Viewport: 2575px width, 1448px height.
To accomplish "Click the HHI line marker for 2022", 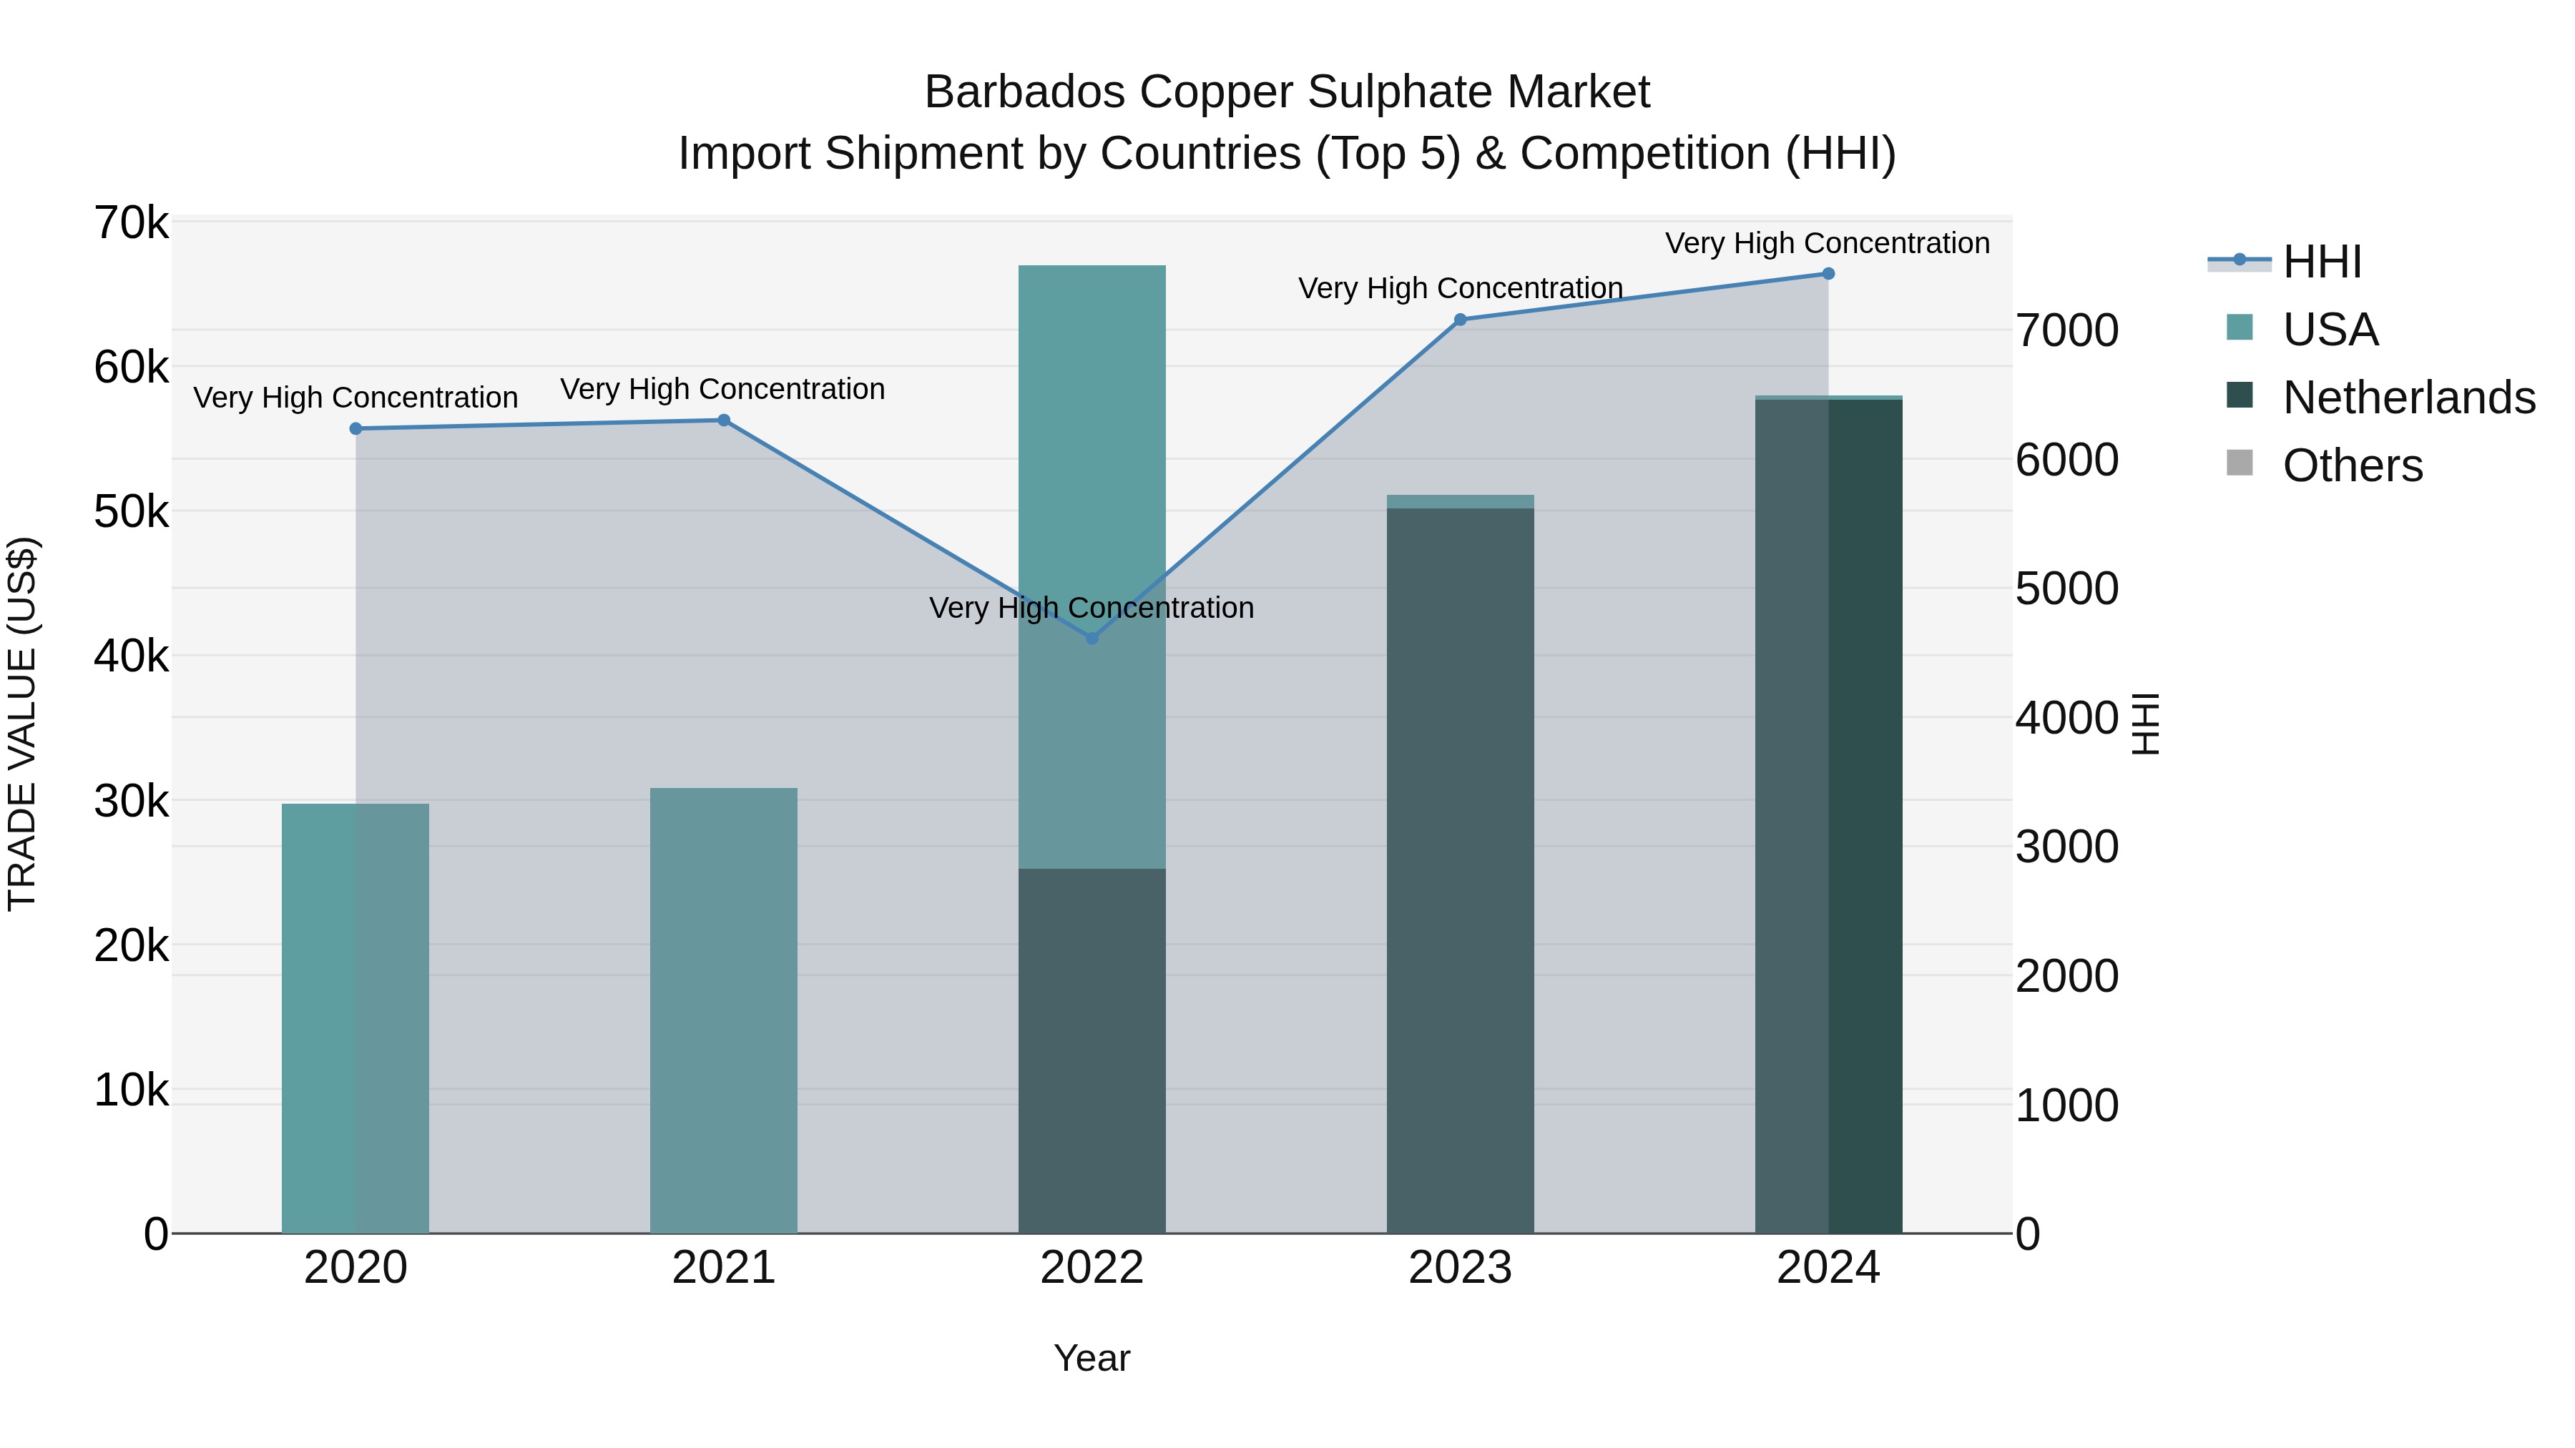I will coord(1092,638).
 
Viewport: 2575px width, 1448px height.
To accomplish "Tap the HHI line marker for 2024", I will coord(1828,274).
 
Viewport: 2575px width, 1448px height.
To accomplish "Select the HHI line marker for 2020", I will coord(356,429).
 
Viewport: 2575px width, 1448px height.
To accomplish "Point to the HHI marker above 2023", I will coord(1461,320).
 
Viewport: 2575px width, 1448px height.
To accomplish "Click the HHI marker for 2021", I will coord(724,420).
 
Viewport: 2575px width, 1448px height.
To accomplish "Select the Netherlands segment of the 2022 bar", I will coord(1092,1049).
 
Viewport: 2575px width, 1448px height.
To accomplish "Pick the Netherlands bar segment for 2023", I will coord(1461,870).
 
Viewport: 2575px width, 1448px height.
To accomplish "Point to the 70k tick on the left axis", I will coord(131,223).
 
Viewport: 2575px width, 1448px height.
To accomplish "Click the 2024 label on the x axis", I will coord(1828,1268).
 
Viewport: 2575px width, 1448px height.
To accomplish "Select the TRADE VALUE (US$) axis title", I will coord(22,724).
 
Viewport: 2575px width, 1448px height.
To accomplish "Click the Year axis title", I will coord(1092,1358).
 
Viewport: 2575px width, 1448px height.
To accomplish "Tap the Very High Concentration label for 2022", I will coord(1092,608).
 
